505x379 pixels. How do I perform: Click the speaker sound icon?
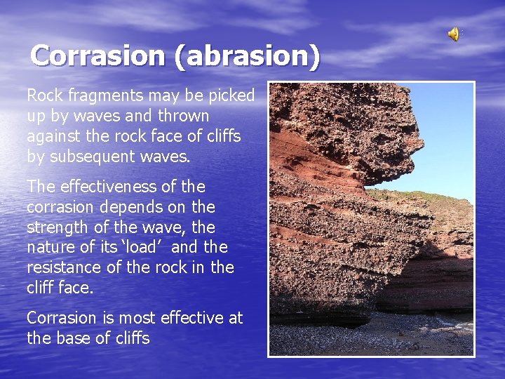point(454,33)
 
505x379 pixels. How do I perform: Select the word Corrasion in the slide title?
point(99,55)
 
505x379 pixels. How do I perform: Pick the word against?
point(54,136)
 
